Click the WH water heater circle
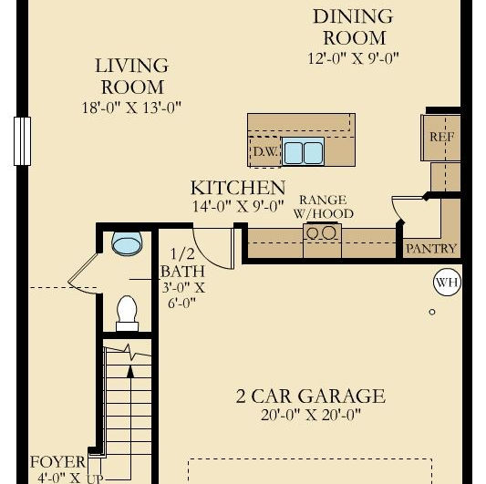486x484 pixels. tap(447, 283)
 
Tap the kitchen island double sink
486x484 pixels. tap(303, 151)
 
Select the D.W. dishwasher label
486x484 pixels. tap(265, 151)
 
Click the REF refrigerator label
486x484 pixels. tap(442, 137)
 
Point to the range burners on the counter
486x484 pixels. tap(323, 232)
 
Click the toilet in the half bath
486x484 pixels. tap(127, 314)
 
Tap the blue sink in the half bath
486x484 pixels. tap(127, 243)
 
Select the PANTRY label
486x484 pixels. tap(431, 249)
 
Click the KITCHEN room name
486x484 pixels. tap(238, 188)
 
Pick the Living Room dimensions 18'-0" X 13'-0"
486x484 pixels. tap(131, 108)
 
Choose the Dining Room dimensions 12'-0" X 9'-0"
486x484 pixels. tap(353, 58)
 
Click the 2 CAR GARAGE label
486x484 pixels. tap(311, 396)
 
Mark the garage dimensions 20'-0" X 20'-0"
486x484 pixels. tap(311, 415)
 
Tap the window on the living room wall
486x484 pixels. tap(22, 141)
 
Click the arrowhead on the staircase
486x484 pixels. tap(130, 372)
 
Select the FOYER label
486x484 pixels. tap(57, 462)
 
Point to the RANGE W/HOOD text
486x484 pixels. tap(324, 207)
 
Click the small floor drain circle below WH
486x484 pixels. tap(432, 312)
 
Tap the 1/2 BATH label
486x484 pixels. tap(183, 263)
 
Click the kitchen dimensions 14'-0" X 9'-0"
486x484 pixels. tap(238, 206)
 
